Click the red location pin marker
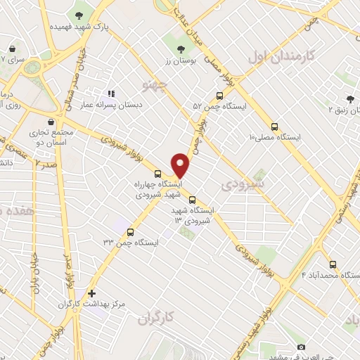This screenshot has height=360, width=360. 181,165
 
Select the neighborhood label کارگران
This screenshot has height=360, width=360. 155,319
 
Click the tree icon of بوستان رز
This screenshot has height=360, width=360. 181,49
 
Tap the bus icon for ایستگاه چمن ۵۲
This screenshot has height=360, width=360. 219,96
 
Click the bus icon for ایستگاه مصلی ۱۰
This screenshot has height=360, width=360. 274,127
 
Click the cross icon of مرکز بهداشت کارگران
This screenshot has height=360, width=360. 91,294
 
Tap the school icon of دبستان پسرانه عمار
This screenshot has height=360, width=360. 110,94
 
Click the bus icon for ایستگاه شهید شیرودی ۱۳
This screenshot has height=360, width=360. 193,199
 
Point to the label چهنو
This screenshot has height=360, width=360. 155,86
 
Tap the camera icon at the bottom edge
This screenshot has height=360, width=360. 302,347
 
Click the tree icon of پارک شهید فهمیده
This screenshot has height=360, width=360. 77,14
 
